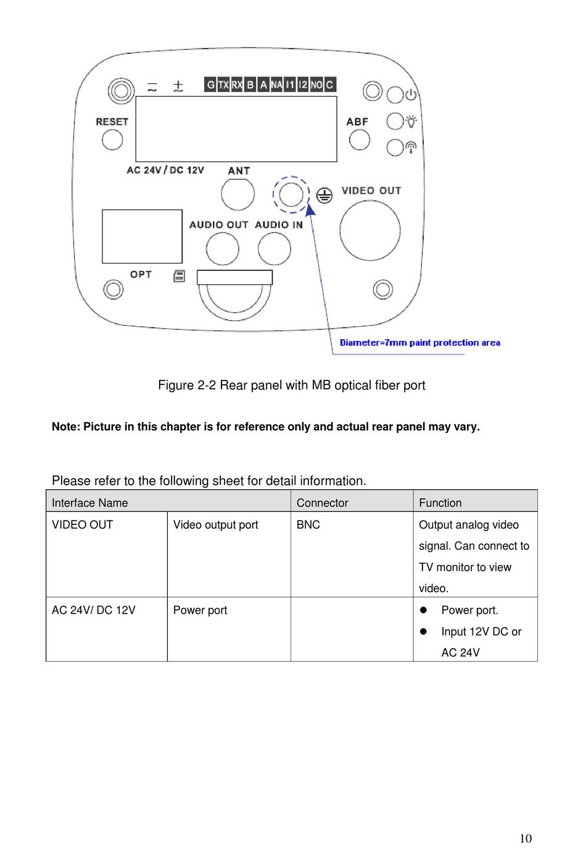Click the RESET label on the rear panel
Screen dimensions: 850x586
[x=112, y=122]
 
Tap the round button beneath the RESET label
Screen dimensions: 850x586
[x=112, y=139]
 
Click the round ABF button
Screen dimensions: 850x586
[x=359, y=140]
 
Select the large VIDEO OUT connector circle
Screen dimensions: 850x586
[x=370, y=231]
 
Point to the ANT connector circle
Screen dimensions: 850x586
[x=237, y=194]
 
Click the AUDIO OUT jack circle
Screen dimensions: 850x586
[x=222, y=249]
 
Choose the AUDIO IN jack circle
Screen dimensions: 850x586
[x=274, y=249]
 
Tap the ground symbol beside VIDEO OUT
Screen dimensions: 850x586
[x=324, y=196]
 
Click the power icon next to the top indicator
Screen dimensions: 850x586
[x=411, y=94]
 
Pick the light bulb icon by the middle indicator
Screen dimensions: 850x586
[x=411, y=121]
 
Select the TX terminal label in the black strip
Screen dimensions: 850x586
[x=223, y=85]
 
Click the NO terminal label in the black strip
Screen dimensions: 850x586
[x=316, y=85]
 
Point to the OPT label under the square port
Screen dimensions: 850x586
[x=141, y=274]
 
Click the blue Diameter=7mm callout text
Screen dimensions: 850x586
[x=419, y=343]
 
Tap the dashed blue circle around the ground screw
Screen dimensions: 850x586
[x=291, y=194]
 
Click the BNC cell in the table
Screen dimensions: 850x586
[x=308, y=525]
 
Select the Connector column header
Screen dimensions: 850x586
[x=322, y=503]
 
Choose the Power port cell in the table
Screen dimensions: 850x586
[x=200, y=610]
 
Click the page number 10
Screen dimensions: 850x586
[x=525, y=838]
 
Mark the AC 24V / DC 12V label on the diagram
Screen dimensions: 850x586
[x=165, y=170]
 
